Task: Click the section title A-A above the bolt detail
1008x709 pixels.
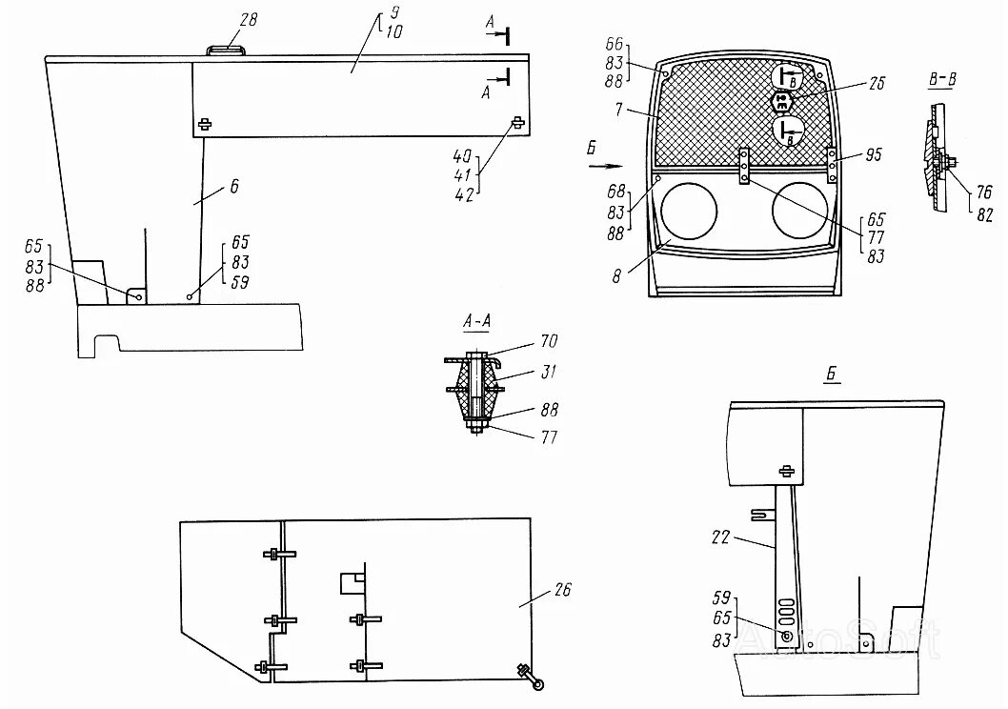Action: pyautogui.click(x=475, y=323)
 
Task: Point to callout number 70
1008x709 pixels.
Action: pyautogui.click(x=549, y=339)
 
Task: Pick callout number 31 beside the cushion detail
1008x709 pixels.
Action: pyautogui.click(x=549, y=373)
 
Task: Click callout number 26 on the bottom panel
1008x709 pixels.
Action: pyautogui.click(x=563, y=590)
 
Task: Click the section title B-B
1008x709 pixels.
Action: pyautogui.click(x=941, y=80)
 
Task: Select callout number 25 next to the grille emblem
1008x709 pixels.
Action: pyautogui.click(x=877, y=84)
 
